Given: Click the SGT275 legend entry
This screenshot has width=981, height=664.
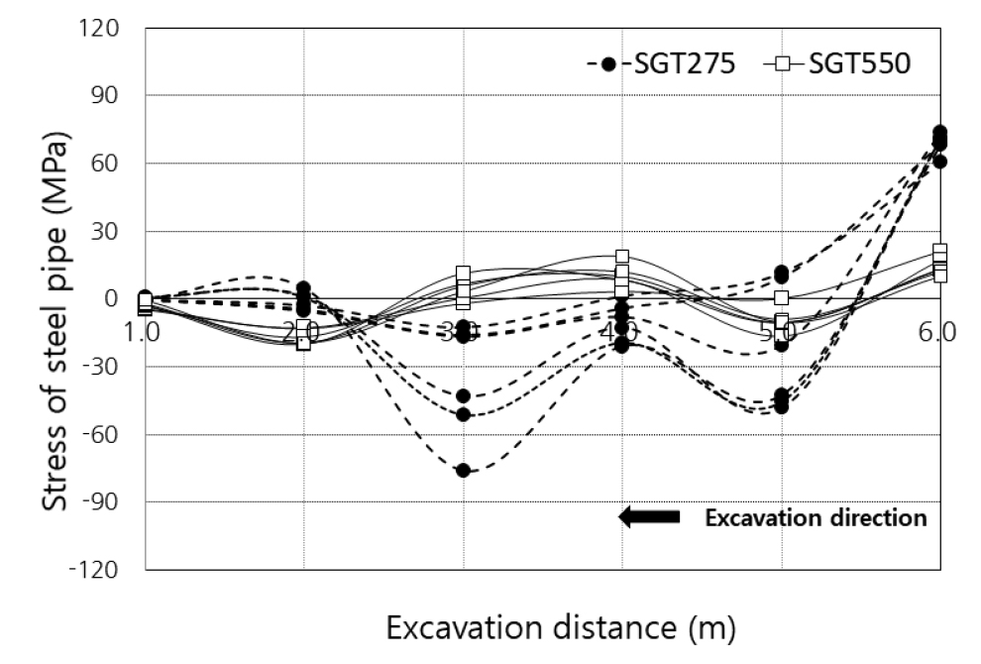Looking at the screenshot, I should pyautogui.click(x=662, y=64).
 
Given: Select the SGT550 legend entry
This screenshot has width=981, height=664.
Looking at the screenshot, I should pyautogui.click(x=837, y=64).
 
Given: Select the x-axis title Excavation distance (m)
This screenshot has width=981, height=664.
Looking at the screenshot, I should pyautogui.click(x=561, y=627).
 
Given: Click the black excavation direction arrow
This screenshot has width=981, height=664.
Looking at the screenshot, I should pyautogui.click(x=649, y=517).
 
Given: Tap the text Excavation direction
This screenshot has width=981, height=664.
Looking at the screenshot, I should pyautogui.click(x=816, y=517).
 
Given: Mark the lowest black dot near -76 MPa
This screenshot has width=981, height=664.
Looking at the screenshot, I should pyautogui.click(x=463, y=470).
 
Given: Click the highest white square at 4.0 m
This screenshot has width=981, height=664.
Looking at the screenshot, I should pyautogui.click(x=622, y=257).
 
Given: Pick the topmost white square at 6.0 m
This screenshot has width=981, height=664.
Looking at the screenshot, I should pyautogui.click(x=939, y=251).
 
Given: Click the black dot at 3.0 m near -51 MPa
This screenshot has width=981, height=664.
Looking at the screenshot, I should pyautogui.click(x=463, y=413).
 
